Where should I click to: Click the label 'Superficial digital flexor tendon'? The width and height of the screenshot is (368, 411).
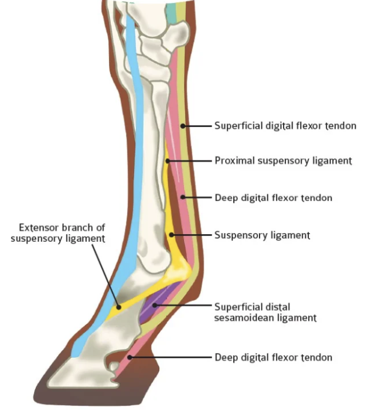click(x=285, y=126)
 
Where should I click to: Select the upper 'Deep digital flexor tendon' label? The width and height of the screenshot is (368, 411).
click(x=273, y=198)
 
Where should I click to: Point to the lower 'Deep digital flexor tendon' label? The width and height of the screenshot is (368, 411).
click(x=273, y=357)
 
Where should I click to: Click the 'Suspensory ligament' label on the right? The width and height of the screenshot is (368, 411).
click(x=261, y=235)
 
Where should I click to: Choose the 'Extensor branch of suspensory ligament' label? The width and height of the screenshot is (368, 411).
click(x=58, y=232)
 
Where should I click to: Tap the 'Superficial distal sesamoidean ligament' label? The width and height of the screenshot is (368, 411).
click(x=265, y=312)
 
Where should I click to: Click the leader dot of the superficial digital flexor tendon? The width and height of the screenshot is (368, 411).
click(x=183, y=126)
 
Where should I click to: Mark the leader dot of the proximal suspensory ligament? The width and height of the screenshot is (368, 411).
click(x=168, y=160)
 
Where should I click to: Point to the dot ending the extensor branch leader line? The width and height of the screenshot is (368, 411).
click(x=118, y=306)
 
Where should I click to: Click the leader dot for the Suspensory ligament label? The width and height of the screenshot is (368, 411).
click(x=172, y=235)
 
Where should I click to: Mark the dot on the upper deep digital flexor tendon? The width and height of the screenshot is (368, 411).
click(x=183, y=198)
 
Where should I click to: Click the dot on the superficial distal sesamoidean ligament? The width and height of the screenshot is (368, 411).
click(x=156, y=306)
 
